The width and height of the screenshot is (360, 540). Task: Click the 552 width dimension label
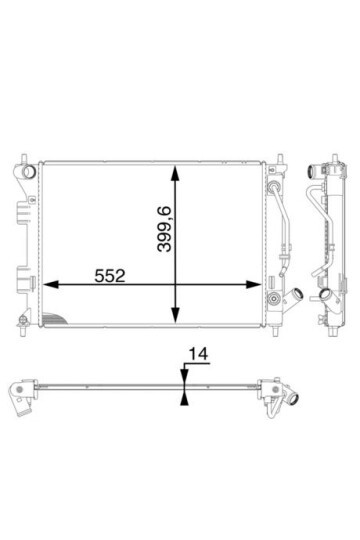click(110, 276)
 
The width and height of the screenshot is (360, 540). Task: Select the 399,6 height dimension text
click(164, 229)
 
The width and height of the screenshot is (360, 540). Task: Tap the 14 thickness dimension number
click(198, 354)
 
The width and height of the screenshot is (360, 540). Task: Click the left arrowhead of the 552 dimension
click(50, 284)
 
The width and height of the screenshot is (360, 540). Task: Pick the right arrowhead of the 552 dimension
click(254, 284)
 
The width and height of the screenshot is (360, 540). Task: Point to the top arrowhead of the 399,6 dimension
click(175, 173)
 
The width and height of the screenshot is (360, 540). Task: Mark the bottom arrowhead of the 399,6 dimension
click(175, 315)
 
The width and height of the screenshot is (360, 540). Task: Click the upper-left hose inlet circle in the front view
click(29, 171)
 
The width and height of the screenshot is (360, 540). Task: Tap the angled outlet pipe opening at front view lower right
click(298, 294)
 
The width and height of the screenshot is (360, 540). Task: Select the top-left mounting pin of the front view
click(24, 159)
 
